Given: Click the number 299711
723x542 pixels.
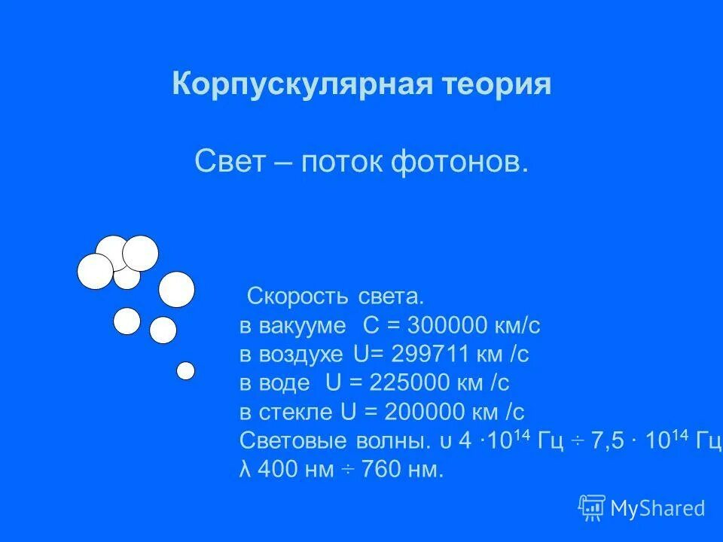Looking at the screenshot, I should click(x=432, y=355).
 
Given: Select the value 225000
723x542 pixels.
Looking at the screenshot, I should click(x=413, y=383).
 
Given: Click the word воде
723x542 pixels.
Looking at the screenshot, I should click(x=285, y=383).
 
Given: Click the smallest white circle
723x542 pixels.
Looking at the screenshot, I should click(x=185, y=370).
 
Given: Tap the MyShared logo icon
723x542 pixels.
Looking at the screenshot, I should click(x=591, y=507).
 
